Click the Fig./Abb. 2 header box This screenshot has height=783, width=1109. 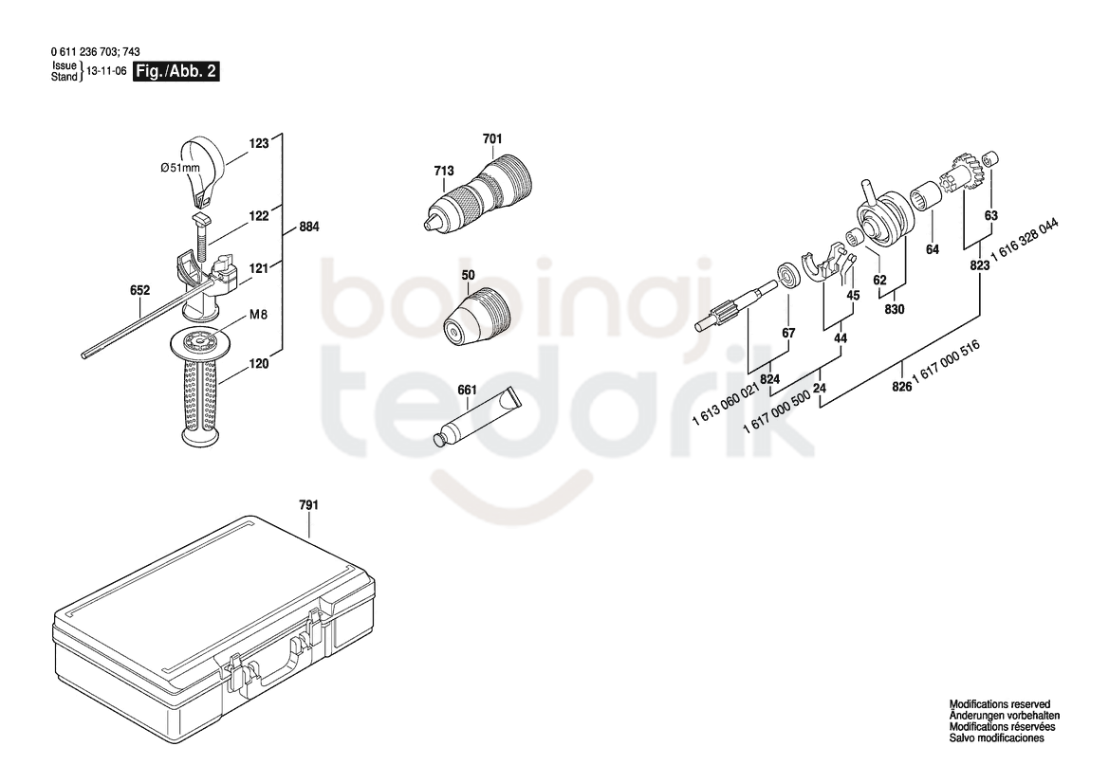[x=176, y=71]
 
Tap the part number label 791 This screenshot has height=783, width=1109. [x=308, y=505]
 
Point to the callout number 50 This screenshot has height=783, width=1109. [x=469, y=275]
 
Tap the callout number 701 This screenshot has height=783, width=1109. [x=492, y=139]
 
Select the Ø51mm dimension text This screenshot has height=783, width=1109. [x=179, y=168]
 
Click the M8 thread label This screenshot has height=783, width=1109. [x=258, y=315]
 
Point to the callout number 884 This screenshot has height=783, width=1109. [x=309, y=227]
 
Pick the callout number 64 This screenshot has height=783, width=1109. [x=933, y=249]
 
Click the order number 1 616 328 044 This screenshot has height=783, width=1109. [x=1025, y=241]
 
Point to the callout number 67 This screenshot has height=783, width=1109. [x=788, y=333]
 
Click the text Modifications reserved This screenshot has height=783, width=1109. [x=999, y=704]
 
